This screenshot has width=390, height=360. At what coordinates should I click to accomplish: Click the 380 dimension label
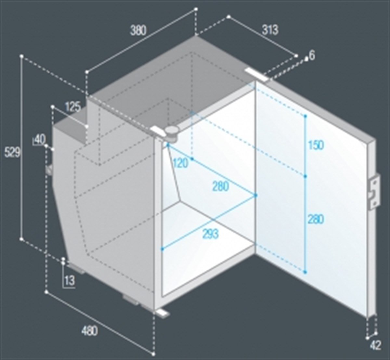(x=138, y=31)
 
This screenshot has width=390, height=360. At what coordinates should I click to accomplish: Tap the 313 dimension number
(x=270, y=30)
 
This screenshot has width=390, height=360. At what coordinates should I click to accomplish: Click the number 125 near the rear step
(x=73, y=107)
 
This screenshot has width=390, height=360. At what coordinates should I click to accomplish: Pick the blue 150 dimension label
(x=316, y=145)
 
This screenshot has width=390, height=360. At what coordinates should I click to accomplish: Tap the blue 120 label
(x=180, y=163)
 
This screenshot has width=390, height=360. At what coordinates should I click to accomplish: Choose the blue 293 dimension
(x=210, y=234)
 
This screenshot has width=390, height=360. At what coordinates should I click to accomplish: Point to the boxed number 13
(x=70, y=280)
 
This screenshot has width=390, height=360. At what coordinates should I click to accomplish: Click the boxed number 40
(x=40, y=140)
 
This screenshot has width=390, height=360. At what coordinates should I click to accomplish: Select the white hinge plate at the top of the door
(x=256, y=75)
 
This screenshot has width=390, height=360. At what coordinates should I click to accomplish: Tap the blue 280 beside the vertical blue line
(x=316, y=219)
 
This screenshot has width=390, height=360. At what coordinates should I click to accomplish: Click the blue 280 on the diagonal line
(x=221, y=186)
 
